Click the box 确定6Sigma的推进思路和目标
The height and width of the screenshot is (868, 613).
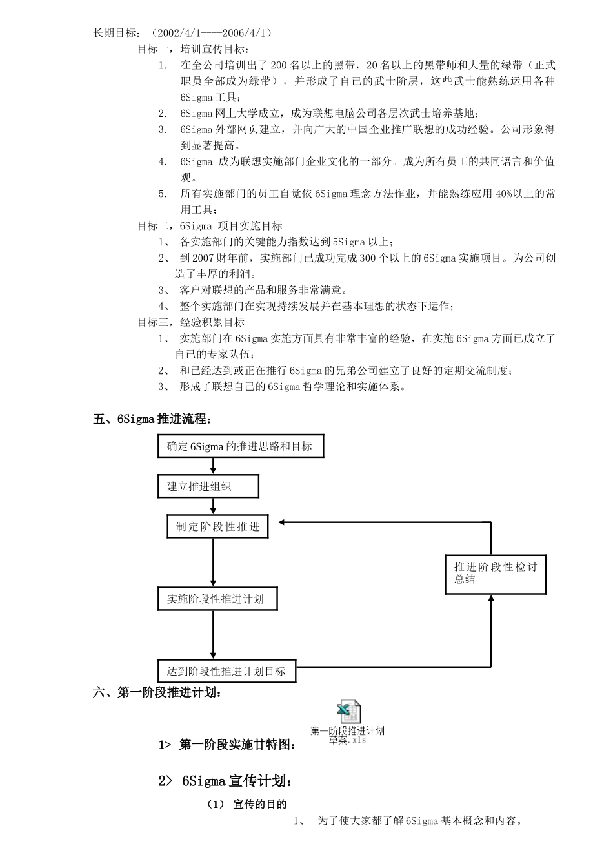(240, 446)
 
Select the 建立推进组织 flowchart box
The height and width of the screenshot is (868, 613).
(208, 486)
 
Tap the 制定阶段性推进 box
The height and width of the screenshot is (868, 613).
(217, 527)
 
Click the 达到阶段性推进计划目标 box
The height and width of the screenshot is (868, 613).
(226, 671)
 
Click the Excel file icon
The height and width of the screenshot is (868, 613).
(348, 712)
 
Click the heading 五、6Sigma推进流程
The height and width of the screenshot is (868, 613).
(152, 419)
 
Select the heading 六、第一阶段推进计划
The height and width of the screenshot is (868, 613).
(159, 693)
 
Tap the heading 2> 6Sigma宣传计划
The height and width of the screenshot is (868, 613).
(225, 781)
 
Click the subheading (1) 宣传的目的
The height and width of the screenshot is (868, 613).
(247, 804)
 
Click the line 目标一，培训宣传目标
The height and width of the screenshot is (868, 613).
(194, 49)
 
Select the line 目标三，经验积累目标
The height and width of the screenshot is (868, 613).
(191, 322)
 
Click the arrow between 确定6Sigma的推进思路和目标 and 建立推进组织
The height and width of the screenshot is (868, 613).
(213, 466)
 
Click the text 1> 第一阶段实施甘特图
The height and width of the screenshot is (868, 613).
(227, 745)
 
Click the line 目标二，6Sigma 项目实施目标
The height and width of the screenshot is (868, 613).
(210, 226)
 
